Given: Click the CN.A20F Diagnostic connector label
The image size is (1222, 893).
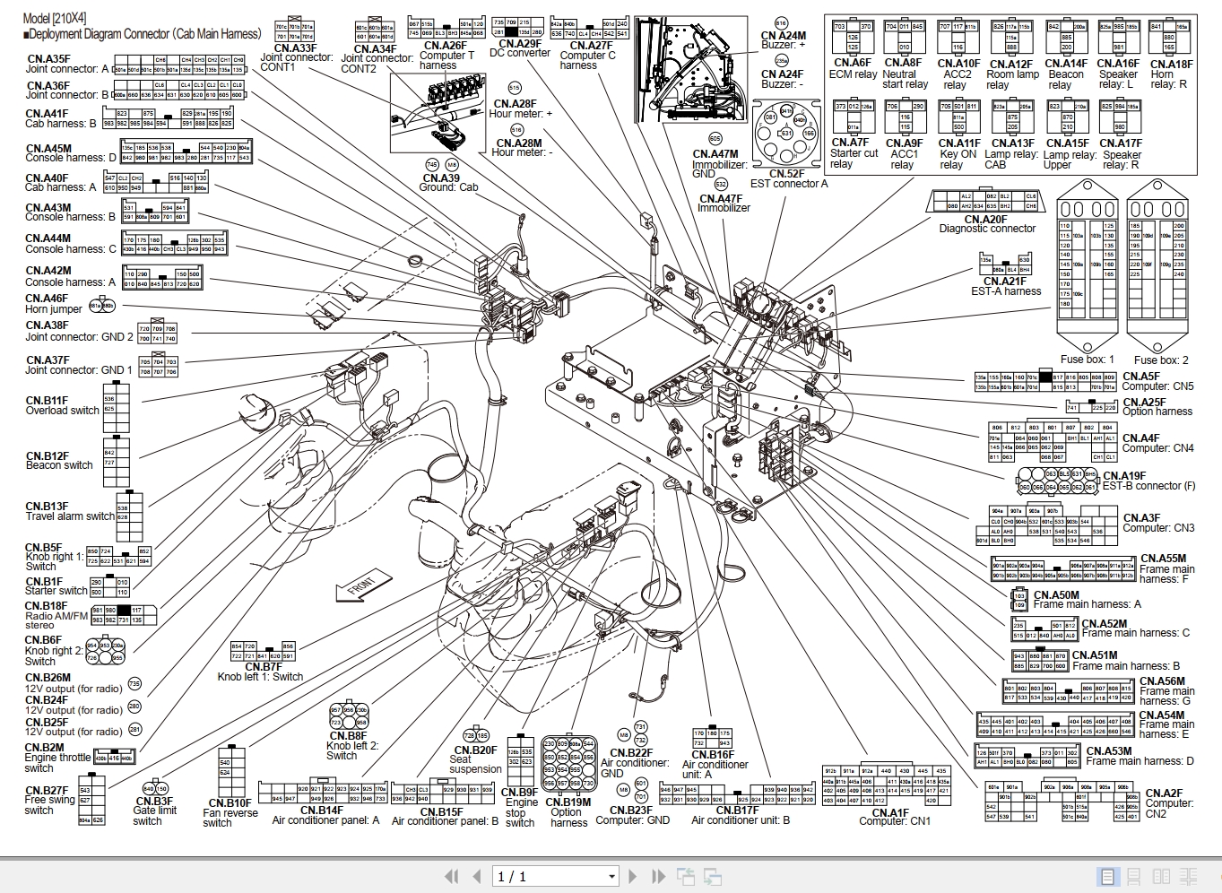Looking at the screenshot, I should coord(986,224).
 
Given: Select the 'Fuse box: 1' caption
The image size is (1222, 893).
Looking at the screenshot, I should coord(1087,360).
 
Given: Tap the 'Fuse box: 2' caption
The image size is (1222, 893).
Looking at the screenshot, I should coord(1161,360).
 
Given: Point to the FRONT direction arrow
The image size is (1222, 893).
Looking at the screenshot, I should coord(361,588).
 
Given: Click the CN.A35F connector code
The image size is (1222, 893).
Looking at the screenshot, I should coord(48,59).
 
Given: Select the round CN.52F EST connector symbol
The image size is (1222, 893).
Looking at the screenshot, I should coord(785,134).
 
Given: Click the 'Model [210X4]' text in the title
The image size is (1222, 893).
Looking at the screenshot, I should coord(55,18).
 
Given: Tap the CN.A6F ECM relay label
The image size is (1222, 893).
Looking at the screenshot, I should coord(852,68).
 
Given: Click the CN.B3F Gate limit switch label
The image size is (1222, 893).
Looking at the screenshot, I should coord(154,811).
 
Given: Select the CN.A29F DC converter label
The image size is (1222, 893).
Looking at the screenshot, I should coord(520,48).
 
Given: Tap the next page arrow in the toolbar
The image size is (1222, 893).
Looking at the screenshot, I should coord(633,877).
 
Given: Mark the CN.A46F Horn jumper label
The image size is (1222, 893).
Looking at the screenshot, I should coord(54,304).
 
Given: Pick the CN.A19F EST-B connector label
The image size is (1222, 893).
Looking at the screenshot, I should coord(1148,481).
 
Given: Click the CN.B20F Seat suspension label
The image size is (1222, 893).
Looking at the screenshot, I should coord(475,759).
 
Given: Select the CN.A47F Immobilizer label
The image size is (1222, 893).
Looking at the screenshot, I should coord(723,204).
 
